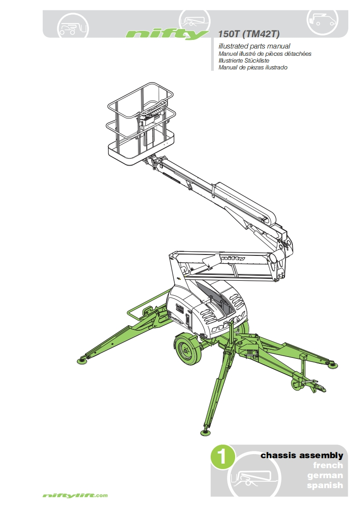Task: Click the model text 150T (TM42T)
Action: tap(249, 34)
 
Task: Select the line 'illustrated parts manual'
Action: tap(254, 46)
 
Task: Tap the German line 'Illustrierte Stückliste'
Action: tap(244, 60)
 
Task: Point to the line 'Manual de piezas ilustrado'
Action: tap(253, 68)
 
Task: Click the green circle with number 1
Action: tap(222, 457)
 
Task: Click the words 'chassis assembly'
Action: tap(302, 455)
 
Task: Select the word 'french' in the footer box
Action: tap(328, 465)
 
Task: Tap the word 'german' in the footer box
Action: tap(325, 475)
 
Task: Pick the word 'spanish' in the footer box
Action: tap(325, 485)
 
